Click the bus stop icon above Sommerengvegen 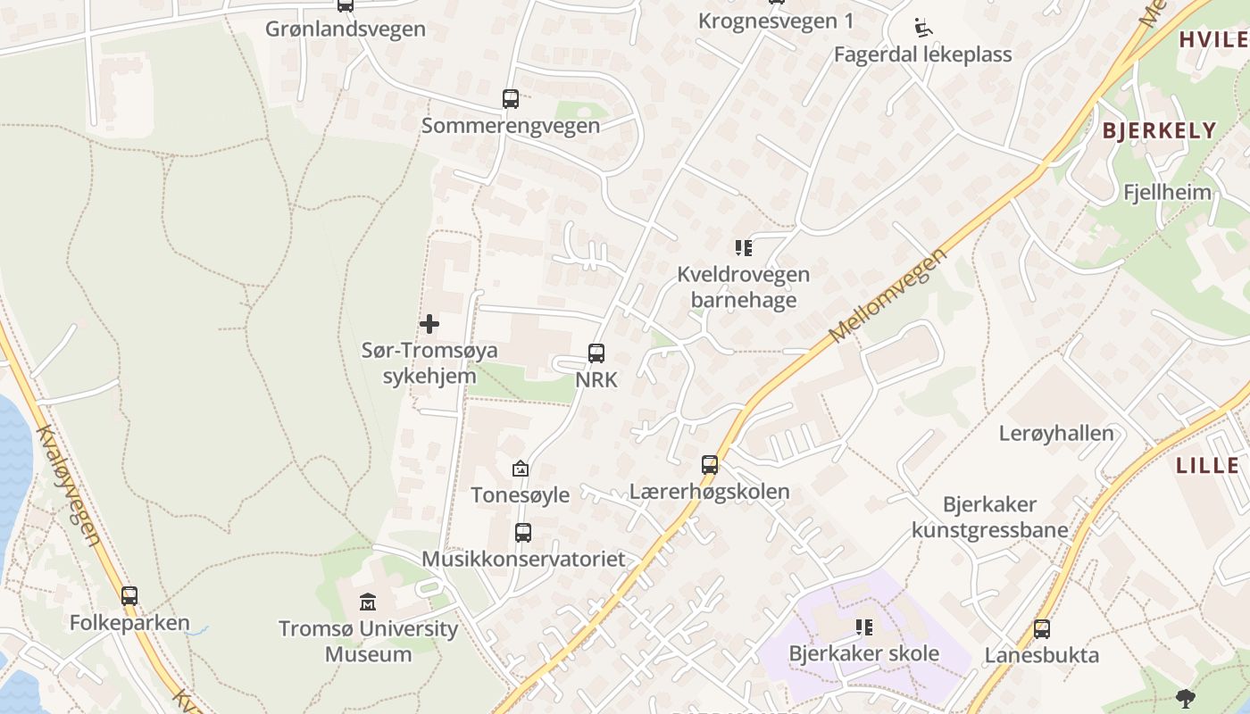coord(511,99)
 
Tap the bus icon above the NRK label coord(596,353)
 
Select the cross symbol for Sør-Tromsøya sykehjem coord(429,323)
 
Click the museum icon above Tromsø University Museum coord(368,602)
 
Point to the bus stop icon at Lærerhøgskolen coord(710,465)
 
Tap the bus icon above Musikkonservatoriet coord(523,533)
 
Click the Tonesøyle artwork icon coord(520,469)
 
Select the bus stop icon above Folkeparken coord(129,596)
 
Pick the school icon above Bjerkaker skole coord(863,627)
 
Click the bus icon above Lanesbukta coord(1042,629)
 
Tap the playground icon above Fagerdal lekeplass coord(923,29)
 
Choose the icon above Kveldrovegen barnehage coord(743,247)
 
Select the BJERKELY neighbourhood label coord(1159,130)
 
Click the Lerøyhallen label coord(1056,434)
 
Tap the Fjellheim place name coord(1167,192)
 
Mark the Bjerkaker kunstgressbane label coord(990,517)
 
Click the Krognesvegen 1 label coord(776,21)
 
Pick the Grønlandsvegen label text coord(346,29)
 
